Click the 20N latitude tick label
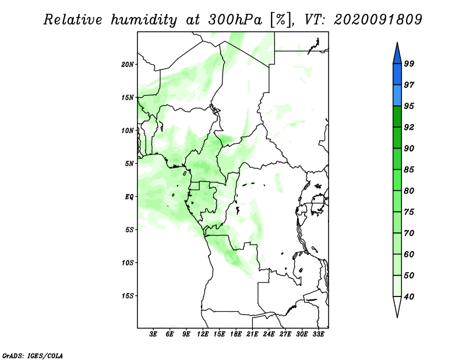click(128, 64)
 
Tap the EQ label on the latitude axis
click(129, 196)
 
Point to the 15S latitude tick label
click(128, 296)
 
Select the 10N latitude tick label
click(128, 130)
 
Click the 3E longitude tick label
click(153, 334)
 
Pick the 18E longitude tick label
click(236, 334)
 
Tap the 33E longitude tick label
click(318, 334)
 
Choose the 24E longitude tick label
click(269, 334)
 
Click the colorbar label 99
click(409, 63)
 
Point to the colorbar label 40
click(409, 297)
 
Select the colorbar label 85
click(409, 170)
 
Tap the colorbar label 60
click(409, 254)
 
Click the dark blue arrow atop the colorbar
click(397, 55)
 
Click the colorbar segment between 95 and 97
click(397, 96)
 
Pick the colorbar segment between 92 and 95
click(397, 117)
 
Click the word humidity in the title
click(144, 20)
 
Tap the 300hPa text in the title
click(235, 20)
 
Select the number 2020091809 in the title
click(377, 20)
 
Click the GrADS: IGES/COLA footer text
click(33, 355)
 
